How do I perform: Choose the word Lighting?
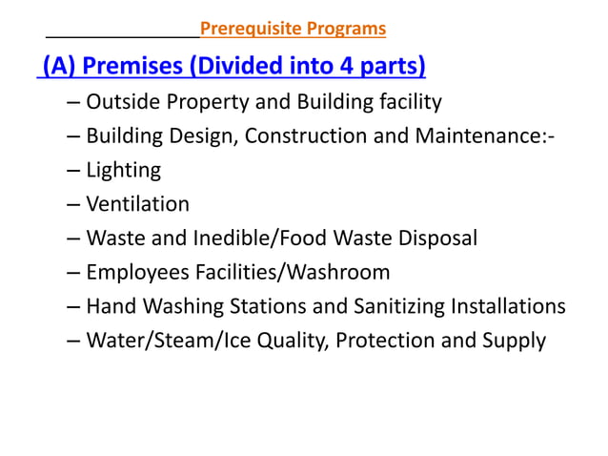(123, 171)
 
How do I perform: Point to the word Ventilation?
(137, 204)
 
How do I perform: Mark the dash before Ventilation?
(73, 204)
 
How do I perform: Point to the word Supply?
(515, 341)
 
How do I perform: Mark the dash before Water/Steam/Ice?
(73, 341)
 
